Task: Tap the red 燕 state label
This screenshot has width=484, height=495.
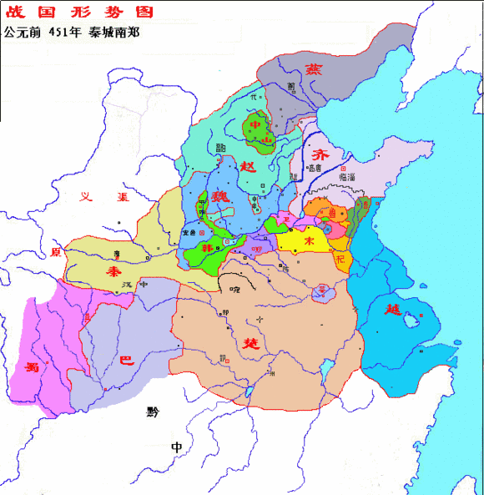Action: (315, 69)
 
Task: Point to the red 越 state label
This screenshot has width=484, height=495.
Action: (394, 311)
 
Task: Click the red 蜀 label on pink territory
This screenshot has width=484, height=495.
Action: (33, 366)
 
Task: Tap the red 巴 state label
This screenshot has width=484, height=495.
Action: (125, 361)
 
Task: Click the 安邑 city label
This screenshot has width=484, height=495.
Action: (191, 233)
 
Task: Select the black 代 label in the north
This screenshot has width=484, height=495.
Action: (254, 98)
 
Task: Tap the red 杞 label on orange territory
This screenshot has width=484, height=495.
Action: (339, 259)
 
